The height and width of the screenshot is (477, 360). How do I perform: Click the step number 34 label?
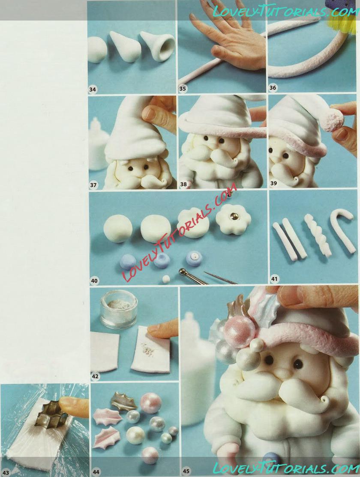[x=93, y=89]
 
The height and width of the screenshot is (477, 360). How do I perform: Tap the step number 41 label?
[x=274, y=279]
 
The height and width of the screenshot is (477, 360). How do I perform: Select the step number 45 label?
[x=186, y=471]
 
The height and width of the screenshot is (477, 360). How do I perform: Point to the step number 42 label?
[x=95, y=376]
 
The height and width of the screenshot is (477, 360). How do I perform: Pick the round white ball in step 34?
[x=97, y=50]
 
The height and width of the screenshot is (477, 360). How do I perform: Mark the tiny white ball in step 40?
[x=166, y=279]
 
